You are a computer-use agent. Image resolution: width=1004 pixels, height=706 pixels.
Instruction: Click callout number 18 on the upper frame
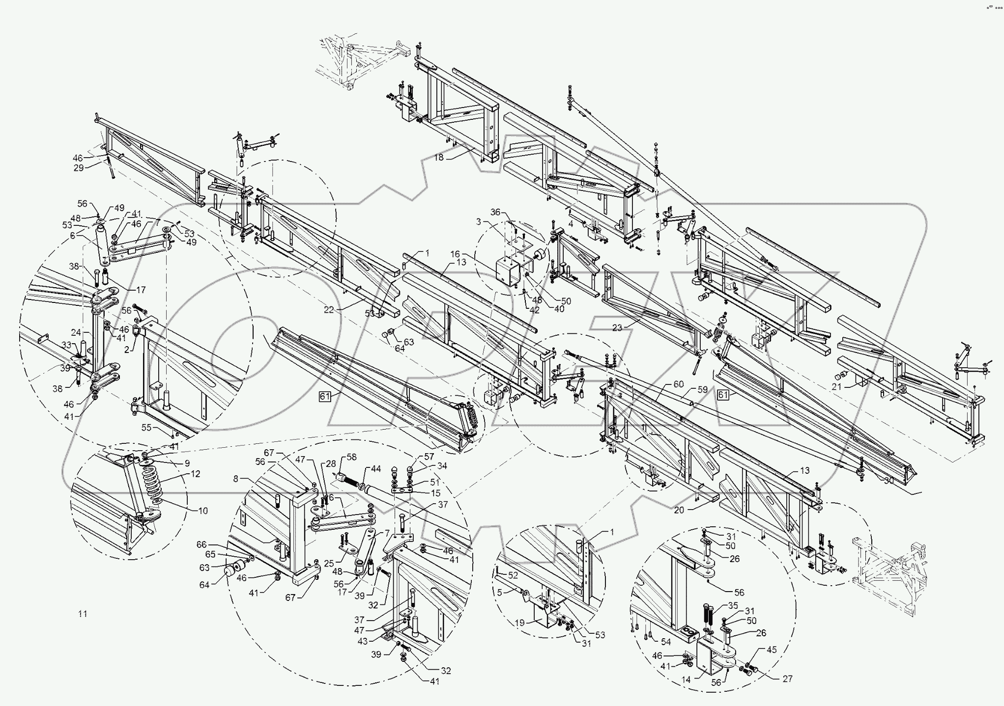[x=438, y=158]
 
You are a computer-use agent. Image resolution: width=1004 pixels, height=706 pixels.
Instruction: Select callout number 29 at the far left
[x=78, y=168]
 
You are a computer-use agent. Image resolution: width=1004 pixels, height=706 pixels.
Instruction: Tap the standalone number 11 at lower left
[x=83, y=614]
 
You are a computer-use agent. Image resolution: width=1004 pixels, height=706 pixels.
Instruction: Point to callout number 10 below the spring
[x=202, y=511]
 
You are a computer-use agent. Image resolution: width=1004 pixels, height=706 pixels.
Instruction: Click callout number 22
[x=328, y=310]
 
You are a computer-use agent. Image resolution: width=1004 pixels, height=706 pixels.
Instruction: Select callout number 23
[x=617, y=328]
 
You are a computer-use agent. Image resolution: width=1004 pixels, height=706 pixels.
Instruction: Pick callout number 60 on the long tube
[x=678, y=384]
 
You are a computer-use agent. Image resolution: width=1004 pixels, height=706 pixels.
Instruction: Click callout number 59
[x=703, y=390]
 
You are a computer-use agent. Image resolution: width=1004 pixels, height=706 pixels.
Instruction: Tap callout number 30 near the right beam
[x=888, y=481]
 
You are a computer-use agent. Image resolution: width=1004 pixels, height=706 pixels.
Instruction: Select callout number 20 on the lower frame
[x=679, y=510]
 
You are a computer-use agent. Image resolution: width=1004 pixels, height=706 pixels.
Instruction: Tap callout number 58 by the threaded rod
[x=351, y=457]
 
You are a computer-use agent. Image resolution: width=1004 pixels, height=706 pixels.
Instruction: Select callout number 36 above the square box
[x=495, y=212]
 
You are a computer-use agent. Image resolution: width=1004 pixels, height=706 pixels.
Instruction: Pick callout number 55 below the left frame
[x=146, y=428]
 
